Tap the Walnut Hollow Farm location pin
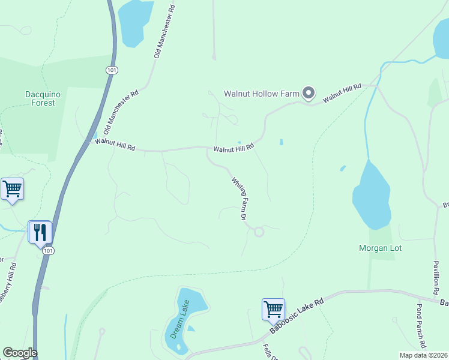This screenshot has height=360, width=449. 309,93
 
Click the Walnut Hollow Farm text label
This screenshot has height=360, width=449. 261,94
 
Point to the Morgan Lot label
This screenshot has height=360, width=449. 380,248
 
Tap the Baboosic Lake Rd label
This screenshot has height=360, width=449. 297,316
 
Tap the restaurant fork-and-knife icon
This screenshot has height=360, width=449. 40,232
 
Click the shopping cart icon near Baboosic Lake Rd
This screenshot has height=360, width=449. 273,309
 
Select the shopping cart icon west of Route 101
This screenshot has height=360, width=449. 12,189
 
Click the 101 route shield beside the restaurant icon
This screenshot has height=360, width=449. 49,250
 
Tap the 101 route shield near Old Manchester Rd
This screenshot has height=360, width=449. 111,70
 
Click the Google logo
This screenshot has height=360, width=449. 20,353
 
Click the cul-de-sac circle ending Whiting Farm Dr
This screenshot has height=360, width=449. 259,232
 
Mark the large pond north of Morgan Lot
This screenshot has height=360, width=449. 372,195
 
